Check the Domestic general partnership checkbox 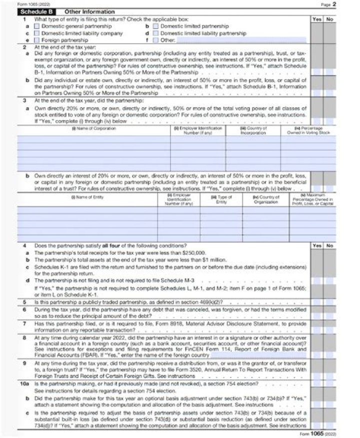pyautogui.click(x=37, y=26)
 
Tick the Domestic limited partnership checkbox pyautogui.click(x=155, y=26)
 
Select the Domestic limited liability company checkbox pyautogui.click(x=37, y=33)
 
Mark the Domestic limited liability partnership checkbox pyautogui.click(x=155, y=33)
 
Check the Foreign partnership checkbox pyautogui.click(x=37, y=40)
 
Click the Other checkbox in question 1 pyautogui.click(x=155, y=40)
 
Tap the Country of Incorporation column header pyautogui.click(x=253, y=131)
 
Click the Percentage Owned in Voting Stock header pyautogui.click(x=308, y=131)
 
